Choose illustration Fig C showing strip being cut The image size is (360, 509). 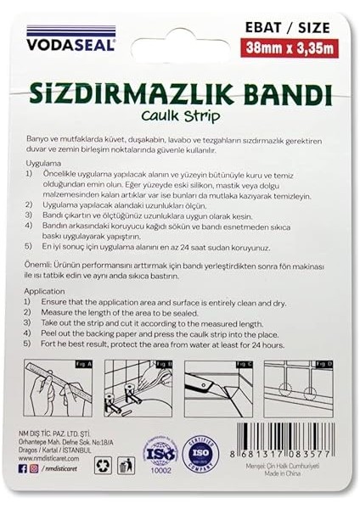(219, 390)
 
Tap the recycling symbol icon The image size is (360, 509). (104, 464)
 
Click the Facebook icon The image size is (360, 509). (23, 491)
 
